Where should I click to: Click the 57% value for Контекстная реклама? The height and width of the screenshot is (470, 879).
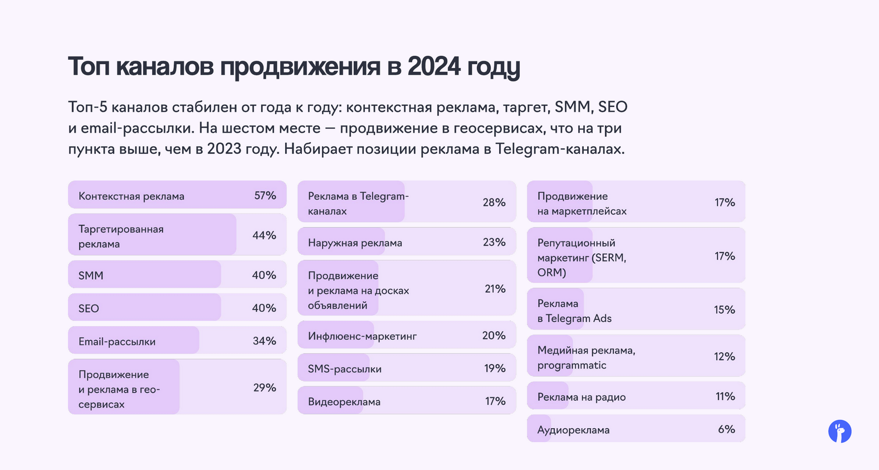pyautogui.click(x=265, y=196)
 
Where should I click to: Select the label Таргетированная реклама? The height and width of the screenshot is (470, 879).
pyautogui.click(x=121, y=236)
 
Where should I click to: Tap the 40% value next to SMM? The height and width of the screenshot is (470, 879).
pyautogui.click(x=264, y=275)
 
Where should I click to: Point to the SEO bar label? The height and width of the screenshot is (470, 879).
pyautogui.click(x=89, y=308)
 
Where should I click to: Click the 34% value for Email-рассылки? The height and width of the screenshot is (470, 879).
pyautogui.click(x=265, y=341)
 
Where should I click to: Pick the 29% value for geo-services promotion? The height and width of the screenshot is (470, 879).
pyautogui.click(x=265, y=387)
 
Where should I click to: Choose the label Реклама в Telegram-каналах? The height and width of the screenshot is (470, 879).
pyautogui.click(x=358, y=203)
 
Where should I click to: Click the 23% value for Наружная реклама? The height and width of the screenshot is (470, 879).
pyautogui.click(x=494, y=242)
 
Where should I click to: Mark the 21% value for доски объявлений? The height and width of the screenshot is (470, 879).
pyautogui.click(x=495, y=289)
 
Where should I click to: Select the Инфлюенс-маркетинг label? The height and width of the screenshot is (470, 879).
pyautogui.click(x=362, y=336)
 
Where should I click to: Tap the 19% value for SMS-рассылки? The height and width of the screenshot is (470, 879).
pyautogui.click(x=495, y=368)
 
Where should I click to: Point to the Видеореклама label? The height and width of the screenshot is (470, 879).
pyautogui.click(x=344, y=402)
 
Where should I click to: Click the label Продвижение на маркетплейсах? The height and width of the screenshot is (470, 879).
pyautogui.click(x=582, y=203)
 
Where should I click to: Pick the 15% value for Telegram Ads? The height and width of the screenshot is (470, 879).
pyautogui.click(x=724, y=309)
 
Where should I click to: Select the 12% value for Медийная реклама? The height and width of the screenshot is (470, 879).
pyautogui.click(x=724, y=356)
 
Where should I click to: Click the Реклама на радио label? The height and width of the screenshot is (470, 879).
pyautogui.click(x=582, y=397)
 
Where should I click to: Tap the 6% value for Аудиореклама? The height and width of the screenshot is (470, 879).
pyautogui.click(x=726, y=429)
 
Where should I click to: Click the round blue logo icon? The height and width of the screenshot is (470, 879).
pyautogui.click(x=839, y=432)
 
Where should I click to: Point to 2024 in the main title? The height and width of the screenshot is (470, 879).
pyautogui.click(x=434, y=66)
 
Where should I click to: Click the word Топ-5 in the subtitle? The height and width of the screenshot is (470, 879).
pyautogui.click(x=87, y=107)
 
